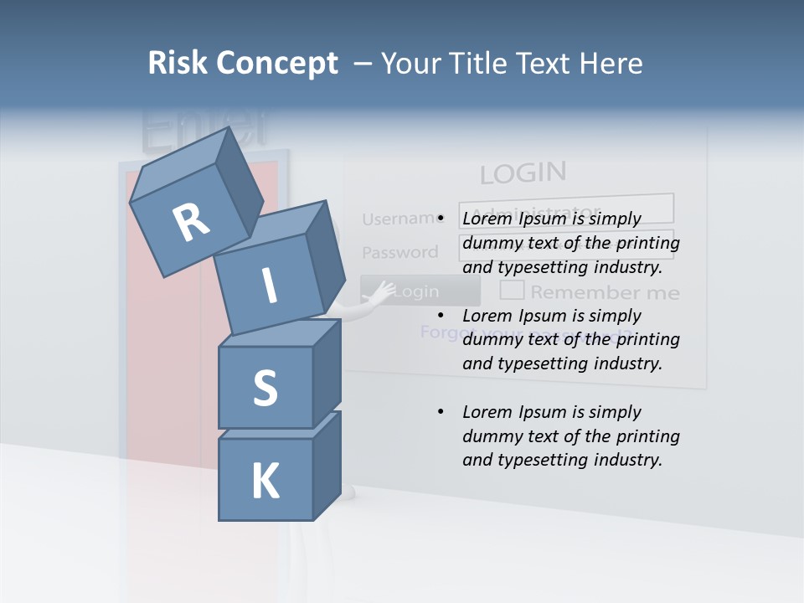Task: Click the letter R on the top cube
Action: click(192, 222)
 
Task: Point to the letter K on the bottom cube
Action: click(265, 482)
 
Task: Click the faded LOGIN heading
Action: click(523, 173)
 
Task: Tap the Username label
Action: click(400, 219)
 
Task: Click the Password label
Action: click(399, 252)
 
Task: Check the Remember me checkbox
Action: click(512, 291)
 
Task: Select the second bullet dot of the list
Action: click(441, 316)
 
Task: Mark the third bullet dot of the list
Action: click(441, 412)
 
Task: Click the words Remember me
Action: click(604, 292)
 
